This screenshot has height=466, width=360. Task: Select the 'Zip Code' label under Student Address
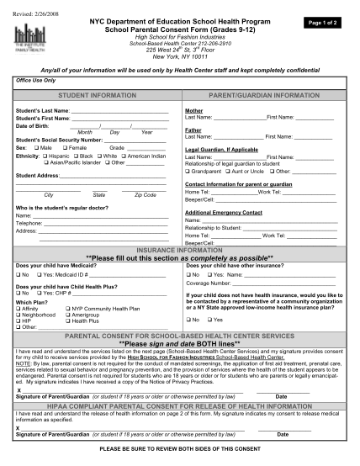pyautogui.click(x=145, y=194)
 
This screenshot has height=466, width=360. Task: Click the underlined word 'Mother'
pyautogui.click(x=194, y=111)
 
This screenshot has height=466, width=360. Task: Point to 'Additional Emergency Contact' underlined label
pyautogui.click(x=223, y=213)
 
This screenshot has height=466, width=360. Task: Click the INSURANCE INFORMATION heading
pyautogui.click(x=179, y=250)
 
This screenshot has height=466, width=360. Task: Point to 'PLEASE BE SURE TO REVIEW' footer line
pyautogui.click(x=179, y=448)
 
